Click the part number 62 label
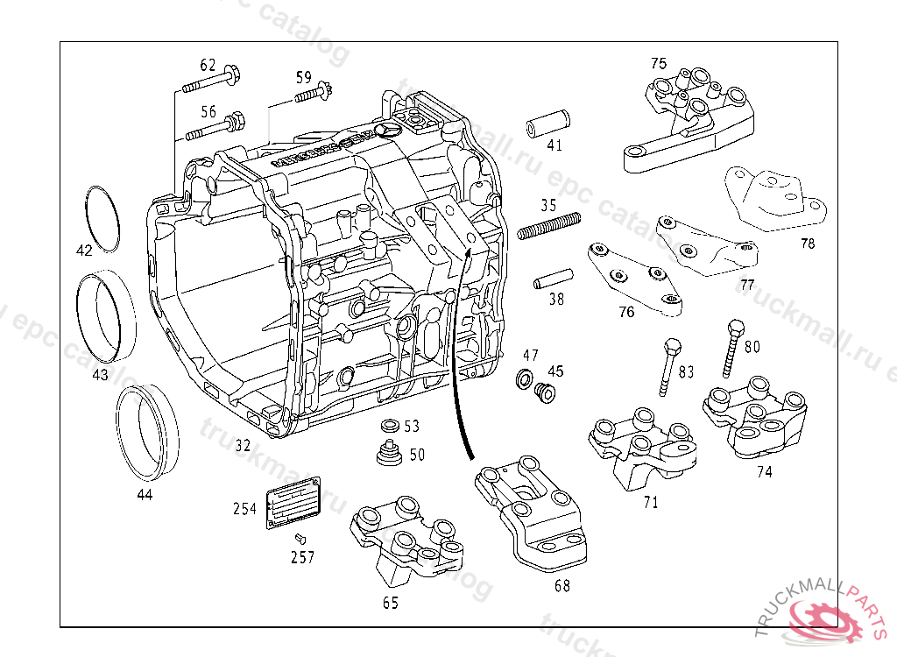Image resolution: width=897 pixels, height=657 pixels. coord(208,65)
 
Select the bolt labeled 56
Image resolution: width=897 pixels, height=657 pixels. coord(215,128)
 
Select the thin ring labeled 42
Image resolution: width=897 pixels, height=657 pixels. coord(103,218)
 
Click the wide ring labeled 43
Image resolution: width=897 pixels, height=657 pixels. coord(107,316)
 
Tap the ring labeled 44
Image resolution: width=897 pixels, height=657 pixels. coord(147,434)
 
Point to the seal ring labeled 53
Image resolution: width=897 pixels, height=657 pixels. coord(390,427)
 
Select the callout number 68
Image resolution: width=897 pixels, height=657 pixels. coord(562,585)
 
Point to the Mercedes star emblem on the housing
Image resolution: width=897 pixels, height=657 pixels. coord(385,131)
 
